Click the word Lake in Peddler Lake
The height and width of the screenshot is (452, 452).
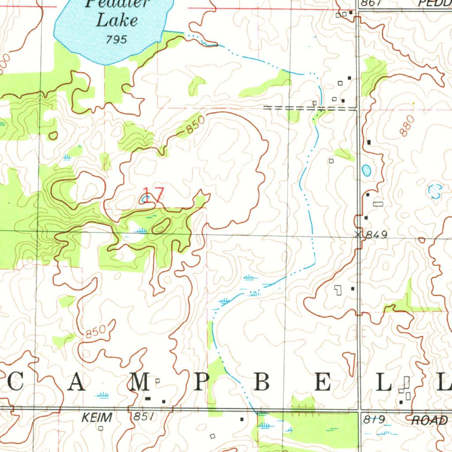point(117,20)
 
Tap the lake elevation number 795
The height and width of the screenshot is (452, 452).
point(117,40)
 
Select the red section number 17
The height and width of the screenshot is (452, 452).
point(153,196)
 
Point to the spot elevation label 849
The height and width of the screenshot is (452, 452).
point(377,235)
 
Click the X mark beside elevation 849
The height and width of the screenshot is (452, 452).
point(358,235)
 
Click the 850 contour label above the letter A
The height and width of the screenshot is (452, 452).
point(96,331)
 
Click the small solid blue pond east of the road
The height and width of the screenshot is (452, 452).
point(366,169)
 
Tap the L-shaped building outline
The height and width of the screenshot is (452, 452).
point(338,290)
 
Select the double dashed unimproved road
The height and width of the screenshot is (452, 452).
point(309,107)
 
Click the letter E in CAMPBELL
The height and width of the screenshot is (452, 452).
point(322,383)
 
